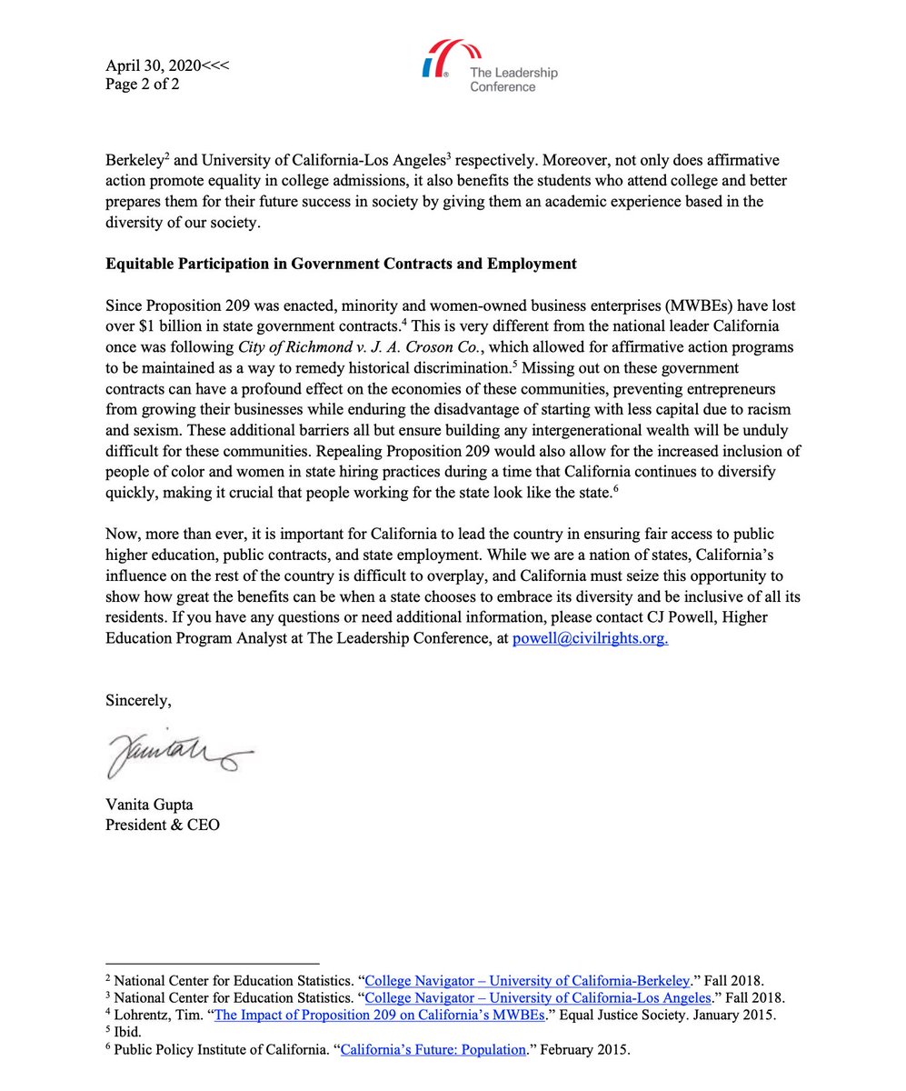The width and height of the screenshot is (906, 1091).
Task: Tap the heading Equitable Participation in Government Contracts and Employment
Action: [341, 264]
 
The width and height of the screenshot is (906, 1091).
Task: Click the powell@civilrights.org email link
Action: [591, 638]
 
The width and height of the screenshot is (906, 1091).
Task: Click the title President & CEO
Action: [162, 825]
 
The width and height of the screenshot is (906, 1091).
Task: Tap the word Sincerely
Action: [138, 700]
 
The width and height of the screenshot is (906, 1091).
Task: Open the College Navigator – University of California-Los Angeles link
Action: [537, 997]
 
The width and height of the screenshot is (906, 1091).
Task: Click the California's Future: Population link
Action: [433, 1049]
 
